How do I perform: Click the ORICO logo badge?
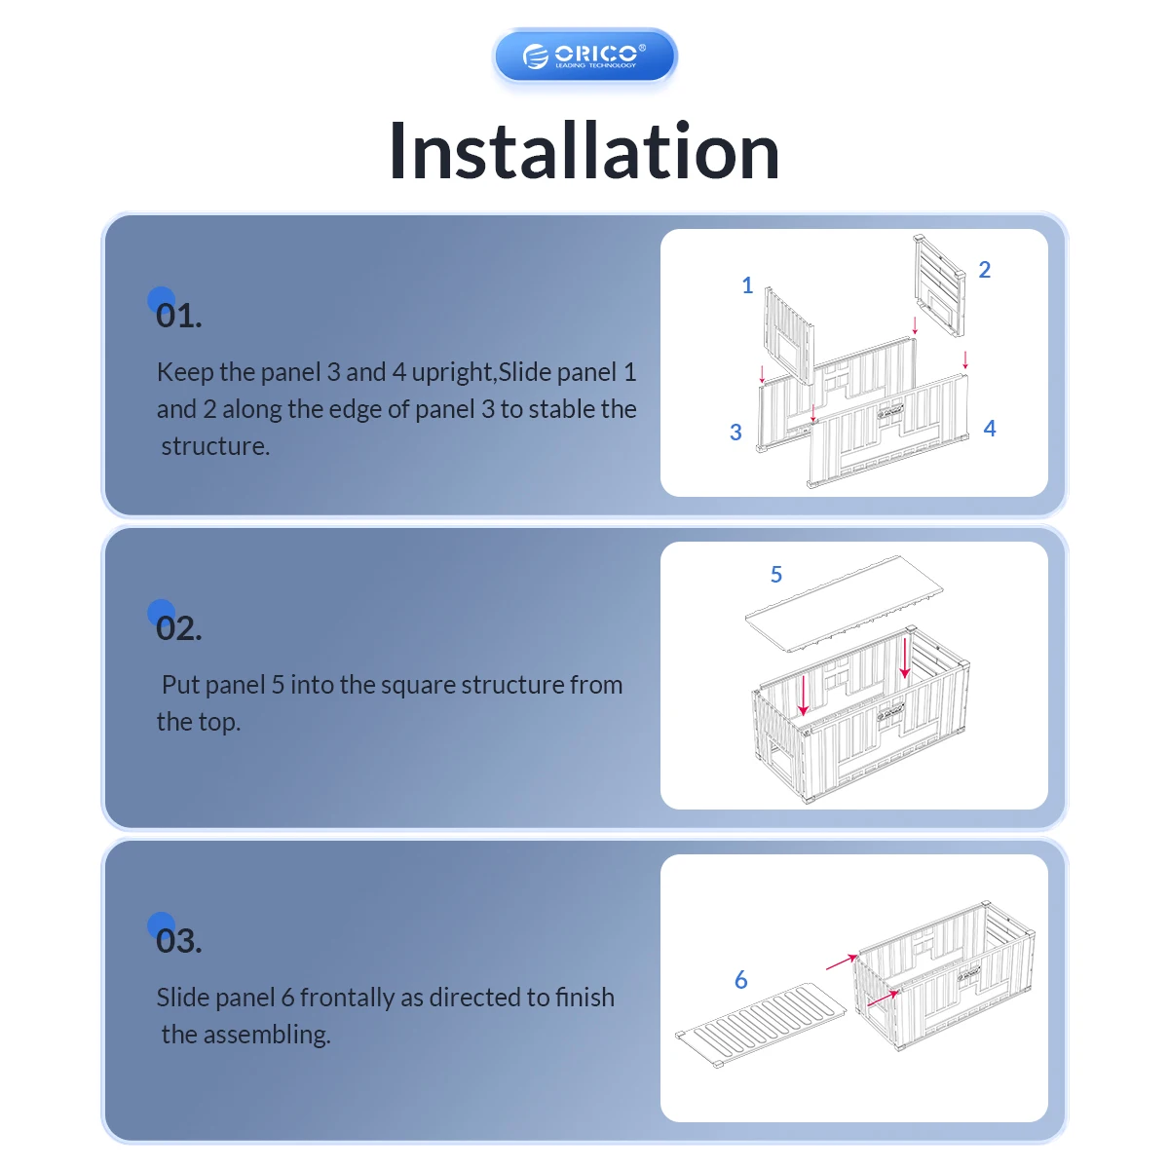pyautogui.click(x=584, y=56)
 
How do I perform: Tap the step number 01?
pyautogui.click(x=178, y=316)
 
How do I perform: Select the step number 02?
pyautogui.click(x=178, y=628)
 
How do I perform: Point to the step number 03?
pyautogui.click(x=178, y=940)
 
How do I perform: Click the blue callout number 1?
pyautogui.click(x=747, y=285)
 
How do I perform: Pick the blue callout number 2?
pyautogui.click(x=985, y=269)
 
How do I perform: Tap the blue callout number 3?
pyautogui.click(x=735, y=432)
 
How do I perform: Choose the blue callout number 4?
pyautogui.click(x=990, y=429)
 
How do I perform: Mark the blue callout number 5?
pyautogui.click(x=776, y=574)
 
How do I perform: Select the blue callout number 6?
pyautogui.click(x=740, y=980)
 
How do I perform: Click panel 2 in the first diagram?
pyautogui.click(x=940, y=285)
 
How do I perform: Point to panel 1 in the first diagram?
pyautogui.click(x=789, y=335)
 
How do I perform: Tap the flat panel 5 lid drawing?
pyautogui.click(x=845, y=604)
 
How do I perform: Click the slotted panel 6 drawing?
pyautogui.click(x=762, y=1025)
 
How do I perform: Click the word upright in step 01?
pyautogui.click(x=451, y=372)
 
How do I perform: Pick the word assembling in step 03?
pyautogui.click(x=266, y=1035)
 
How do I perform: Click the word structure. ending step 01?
pyautogui.click(x=215, y=446)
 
